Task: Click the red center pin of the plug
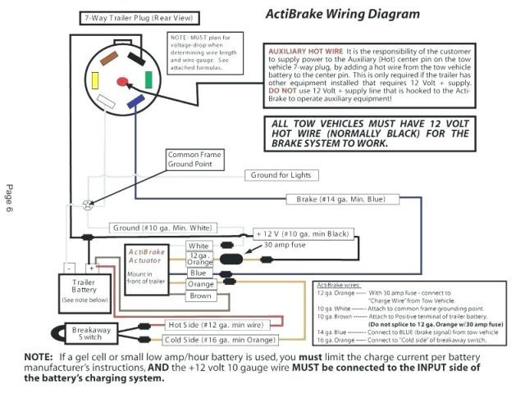[x=124, y=81]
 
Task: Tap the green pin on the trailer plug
[x=148, y=79]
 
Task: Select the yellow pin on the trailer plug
[x=97, y=80]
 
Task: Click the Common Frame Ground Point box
[x=194, y=159]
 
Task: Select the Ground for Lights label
[x=281, y=175]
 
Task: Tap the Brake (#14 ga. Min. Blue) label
[x=343, y=199]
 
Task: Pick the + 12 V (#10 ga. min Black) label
[x=304, y=233]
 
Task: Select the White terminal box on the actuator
[x=199, y=246]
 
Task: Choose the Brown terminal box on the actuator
[x=200, y=296]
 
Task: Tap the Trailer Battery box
[x=80, y=288]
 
